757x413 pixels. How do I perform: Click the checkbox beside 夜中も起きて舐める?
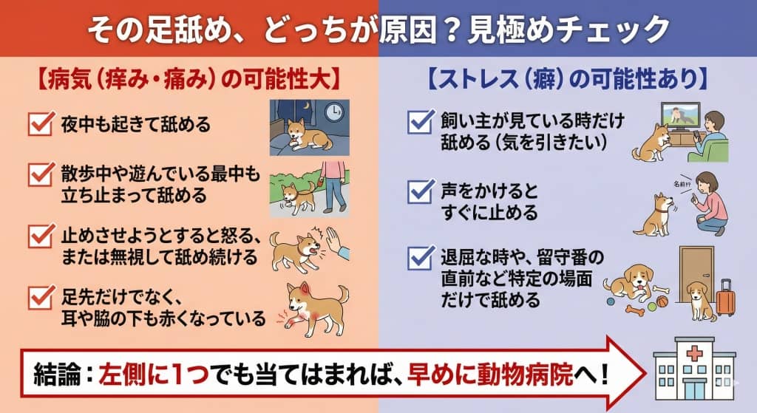pyautogui.click(x=39, y=124)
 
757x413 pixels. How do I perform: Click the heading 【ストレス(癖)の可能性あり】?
pyautogui.click(x=567, y=78)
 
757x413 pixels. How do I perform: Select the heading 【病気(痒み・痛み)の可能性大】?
pyautogui.click(x=186, y=78)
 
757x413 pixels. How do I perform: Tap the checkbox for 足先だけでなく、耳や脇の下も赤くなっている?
pyautogui.click(x=39, y=298)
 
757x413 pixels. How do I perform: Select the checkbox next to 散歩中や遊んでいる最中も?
pyautogui.click(x=39, y=176)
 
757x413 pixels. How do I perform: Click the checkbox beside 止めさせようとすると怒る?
pyautogui.click(x=39, y=237)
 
